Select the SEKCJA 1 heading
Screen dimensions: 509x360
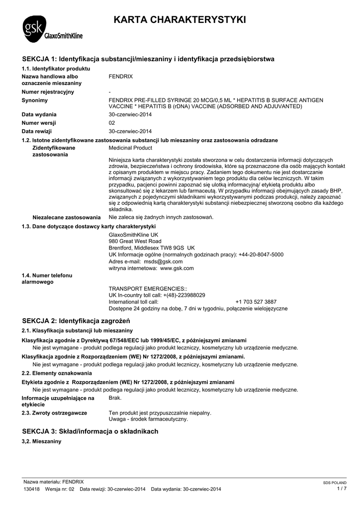(148, 59)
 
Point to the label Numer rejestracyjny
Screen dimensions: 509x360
(48, 92)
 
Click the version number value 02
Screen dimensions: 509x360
(112, 123)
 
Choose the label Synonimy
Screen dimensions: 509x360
(35, 100)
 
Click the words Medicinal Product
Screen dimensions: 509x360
(130, 148)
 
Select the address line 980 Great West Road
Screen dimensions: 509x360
(135, 241)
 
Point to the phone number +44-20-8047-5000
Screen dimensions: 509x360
(261, 254)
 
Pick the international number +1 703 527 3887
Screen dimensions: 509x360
(256, 302)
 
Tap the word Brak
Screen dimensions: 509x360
(115, 398)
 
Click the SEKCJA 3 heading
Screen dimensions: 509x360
(90, 431)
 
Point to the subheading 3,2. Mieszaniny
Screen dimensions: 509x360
(41, 441)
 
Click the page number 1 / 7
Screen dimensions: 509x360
(341, 489)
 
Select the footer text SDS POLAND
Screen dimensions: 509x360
(335, 483)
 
